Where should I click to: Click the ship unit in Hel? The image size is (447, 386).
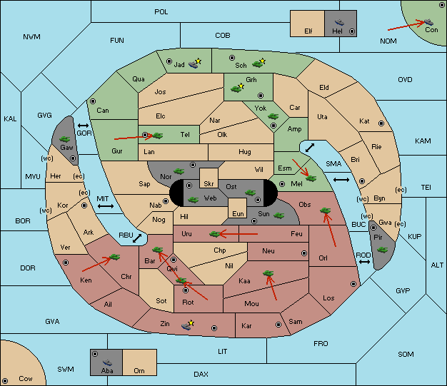pos(339,22)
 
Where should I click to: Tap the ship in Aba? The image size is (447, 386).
pos(108,362)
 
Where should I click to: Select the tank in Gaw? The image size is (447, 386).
pos(65,139)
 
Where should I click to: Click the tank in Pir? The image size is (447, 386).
pos(382,250)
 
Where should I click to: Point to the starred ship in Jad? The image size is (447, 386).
pos(195,64)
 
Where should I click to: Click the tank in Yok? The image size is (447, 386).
pos(273,116)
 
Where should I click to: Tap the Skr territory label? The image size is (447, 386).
pos(209,184)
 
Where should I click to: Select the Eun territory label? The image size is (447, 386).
pos(238,213)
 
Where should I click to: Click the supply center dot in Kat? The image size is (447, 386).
pos(381,123)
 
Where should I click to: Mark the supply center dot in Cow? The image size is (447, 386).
pos(5,380)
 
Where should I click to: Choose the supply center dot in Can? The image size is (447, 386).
pos(93,101)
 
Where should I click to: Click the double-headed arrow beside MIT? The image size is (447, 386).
pos(106,206)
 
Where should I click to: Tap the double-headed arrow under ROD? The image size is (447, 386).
pos(364,262)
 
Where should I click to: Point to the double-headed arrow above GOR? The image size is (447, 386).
pos(83,126)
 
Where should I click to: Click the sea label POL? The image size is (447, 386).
pos(161,12)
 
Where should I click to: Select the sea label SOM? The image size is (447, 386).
pos(406,355)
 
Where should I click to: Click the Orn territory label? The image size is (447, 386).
pos(139,370)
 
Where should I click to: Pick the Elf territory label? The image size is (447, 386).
pos(308,31)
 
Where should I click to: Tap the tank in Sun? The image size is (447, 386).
pos(278,215)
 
